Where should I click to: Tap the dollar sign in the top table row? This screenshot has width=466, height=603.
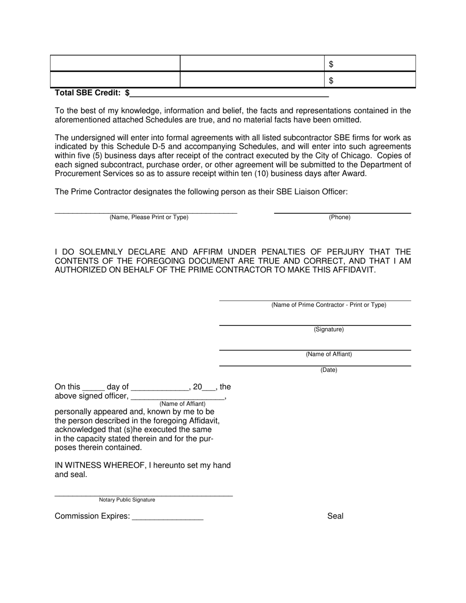331,64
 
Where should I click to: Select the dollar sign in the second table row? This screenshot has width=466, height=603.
331,80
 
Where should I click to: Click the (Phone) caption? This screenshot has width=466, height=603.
339,217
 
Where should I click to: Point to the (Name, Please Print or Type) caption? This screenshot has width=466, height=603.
149,217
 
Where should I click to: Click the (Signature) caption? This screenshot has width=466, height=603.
329,329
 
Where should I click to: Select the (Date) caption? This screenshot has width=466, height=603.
329,370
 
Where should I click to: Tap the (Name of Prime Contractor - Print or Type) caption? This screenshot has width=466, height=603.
329,305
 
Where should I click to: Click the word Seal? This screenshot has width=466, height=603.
335,516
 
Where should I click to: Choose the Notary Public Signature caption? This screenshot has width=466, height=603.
127,500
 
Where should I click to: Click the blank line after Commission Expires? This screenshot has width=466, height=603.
167,517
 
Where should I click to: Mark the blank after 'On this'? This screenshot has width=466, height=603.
93,387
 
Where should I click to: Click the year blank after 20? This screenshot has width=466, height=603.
209,387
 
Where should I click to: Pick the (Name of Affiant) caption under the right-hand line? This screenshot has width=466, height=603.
329,354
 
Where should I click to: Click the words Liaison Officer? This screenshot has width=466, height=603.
318,192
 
